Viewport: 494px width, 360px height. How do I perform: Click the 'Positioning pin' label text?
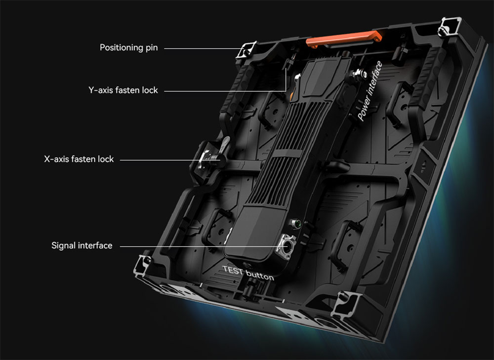(128, 47)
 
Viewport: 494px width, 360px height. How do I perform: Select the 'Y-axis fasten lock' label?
(123, 90)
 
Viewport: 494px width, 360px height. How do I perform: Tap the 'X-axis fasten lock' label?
(79, 159)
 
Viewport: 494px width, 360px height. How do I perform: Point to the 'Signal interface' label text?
(82, 245)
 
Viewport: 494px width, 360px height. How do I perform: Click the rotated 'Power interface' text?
(370, 91)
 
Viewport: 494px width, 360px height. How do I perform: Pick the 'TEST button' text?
(248, 273)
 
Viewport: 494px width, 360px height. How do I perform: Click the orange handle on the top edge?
(344, 39)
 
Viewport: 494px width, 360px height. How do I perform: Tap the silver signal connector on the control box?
(286, 246)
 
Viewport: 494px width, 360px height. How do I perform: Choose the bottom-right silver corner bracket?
(346, 303)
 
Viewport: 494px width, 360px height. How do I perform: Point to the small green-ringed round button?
(296, 224)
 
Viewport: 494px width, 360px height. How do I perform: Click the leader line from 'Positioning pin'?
(204, 48)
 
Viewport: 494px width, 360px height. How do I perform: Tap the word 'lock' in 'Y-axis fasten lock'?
(150, 90)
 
